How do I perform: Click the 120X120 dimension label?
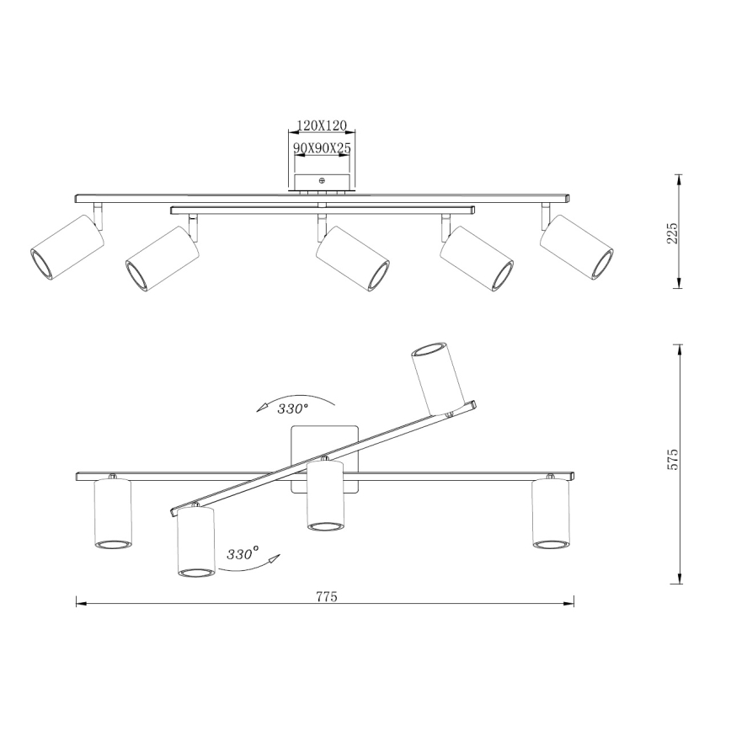point(323,125)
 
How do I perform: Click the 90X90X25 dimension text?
point(323,147)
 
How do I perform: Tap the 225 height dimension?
point(672,233)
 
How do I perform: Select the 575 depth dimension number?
point(673,460)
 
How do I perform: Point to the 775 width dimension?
point(327,597)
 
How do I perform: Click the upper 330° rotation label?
point(292,409)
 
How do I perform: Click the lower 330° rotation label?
point(243,554)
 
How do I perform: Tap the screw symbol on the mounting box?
point(322,180)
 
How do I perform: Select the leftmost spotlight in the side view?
point(67,247)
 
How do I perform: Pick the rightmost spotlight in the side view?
point(577,247)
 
